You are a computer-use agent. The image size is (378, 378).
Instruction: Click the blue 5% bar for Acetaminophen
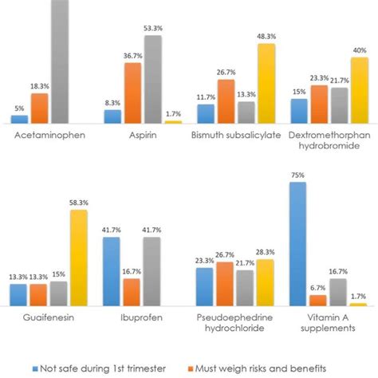click(x=19, y=119)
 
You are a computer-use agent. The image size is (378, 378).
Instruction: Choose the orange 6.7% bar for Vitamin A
click(x=317, y=301)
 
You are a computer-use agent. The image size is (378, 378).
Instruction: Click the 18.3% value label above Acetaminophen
click(x=39, y=85)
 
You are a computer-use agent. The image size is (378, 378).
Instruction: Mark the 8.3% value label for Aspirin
click(x=113, y=101)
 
